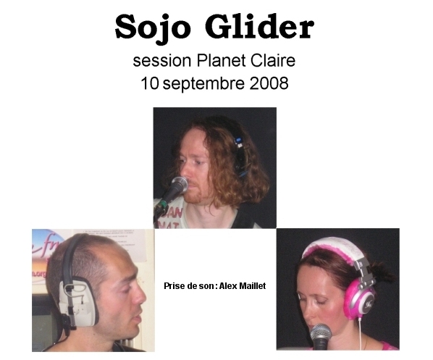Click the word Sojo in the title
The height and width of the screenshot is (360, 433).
pos(153,28)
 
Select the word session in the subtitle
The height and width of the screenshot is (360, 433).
pos(162,61)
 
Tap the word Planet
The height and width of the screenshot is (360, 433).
pos(221,61)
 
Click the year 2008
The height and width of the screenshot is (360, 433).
pos(269,83)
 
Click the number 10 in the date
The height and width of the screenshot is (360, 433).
pos(150,83)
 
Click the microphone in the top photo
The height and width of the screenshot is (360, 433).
pos(173,191)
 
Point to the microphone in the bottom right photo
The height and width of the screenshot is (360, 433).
pos(321,336)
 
